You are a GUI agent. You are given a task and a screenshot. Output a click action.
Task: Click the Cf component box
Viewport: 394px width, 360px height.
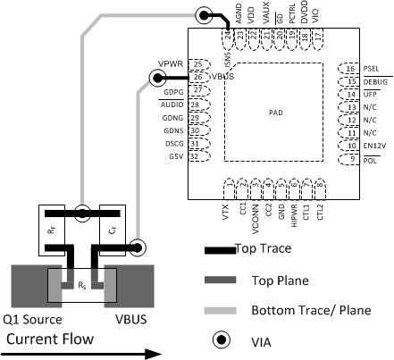click(x=112, y=228)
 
